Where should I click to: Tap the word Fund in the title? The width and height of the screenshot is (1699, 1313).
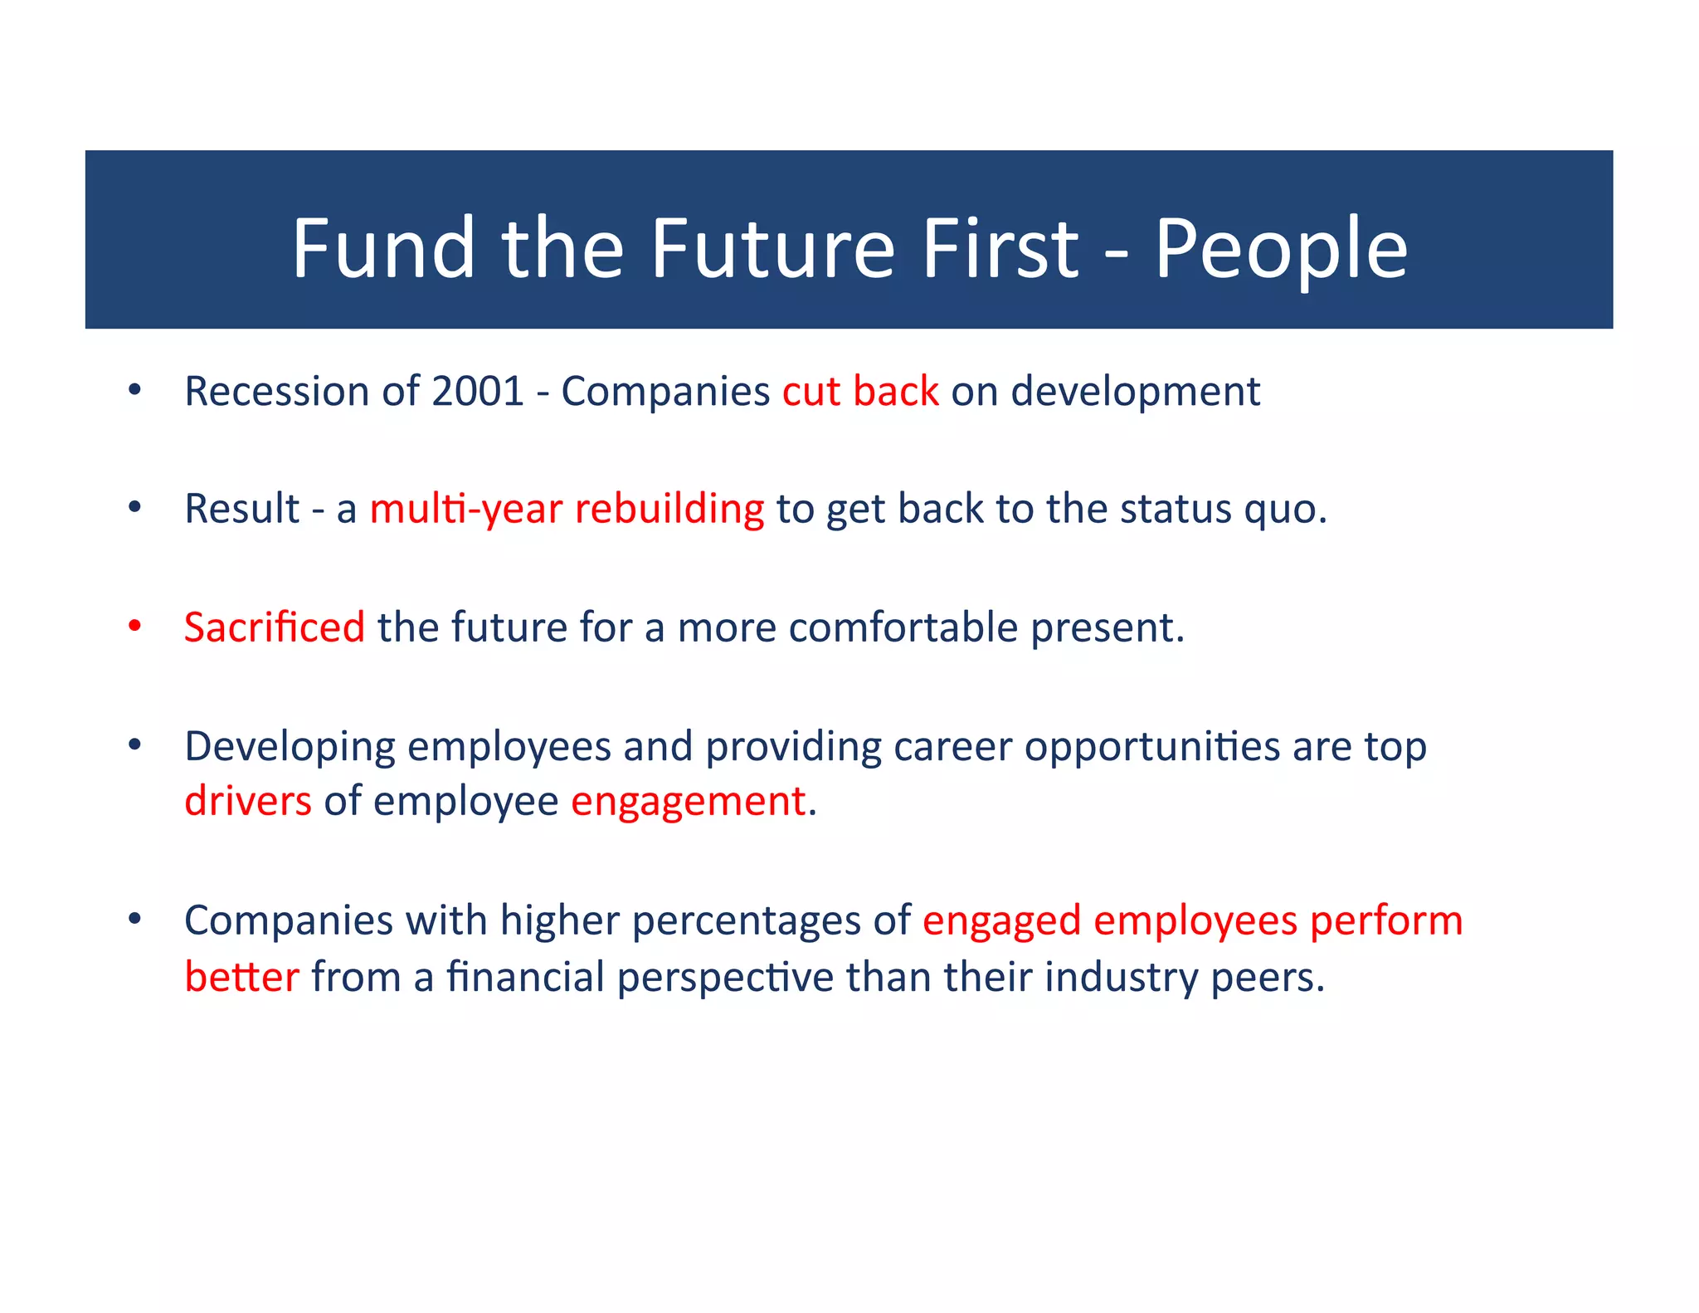click(x=383, y=249)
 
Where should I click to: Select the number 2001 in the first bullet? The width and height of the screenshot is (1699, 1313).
click(x=478, y=391)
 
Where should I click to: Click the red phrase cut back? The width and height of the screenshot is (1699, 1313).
click(x=860, y=391)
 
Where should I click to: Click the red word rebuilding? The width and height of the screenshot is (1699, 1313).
click(x=669, y=509)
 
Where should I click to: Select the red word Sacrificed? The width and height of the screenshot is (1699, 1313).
click(x=274, y=627)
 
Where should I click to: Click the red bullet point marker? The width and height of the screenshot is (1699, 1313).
click(x=135, y=627)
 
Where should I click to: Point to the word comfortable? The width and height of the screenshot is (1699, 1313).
click(x=903, y=627)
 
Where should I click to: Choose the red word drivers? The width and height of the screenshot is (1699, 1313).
click(x=248, y=801)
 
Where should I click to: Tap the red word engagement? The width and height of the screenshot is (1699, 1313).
click(x=688, y=803)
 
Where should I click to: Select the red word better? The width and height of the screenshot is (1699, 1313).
click(x=241, y=977)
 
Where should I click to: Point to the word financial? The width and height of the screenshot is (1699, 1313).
click(x=525, y=977)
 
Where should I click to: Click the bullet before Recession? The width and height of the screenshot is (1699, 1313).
click(x=135, y=390)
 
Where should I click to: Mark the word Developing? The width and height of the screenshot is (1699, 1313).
click(x=290, y=747)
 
